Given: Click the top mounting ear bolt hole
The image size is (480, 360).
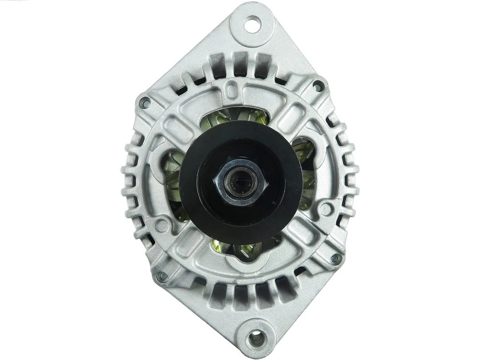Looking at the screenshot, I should click(x=252, y=24).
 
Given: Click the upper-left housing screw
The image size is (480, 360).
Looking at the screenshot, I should click(x=144, y=103).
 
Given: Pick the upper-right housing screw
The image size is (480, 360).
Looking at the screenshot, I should click(x=318, y=86).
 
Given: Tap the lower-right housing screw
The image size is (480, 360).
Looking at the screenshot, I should click(x=336, y=258).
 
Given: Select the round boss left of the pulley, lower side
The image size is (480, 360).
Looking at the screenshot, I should click(x=161, y=225).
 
